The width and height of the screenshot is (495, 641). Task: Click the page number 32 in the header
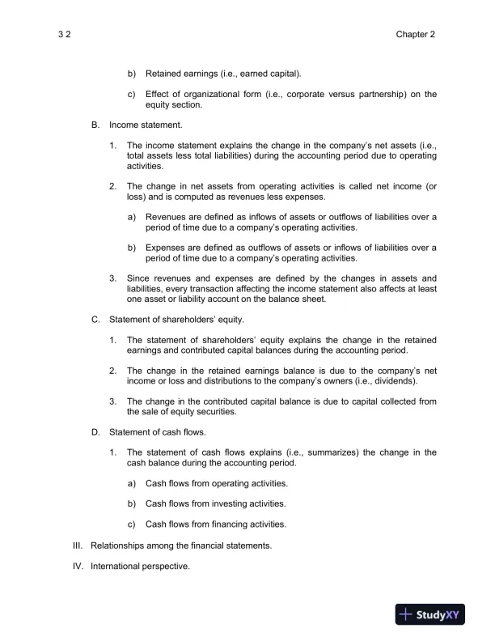pos(66,35)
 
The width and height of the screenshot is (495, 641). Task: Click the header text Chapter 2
pos(416,35)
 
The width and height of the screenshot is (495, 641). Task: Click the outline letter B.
pos(95,125)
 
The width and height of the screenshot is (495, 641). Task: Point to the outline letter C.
pos(95,319)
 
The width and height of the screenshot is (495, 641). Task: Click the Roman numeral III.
pos(78,545)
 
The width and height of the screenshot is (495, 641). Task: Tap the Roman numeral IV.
pos(78,566)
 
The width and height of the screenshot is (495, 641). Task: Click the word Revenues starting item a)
pos(166,217)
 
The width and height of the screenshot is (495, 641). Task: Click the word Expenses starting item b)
pos(167,248)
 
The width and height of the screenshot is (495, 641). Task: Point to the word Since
pos(138,278)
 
